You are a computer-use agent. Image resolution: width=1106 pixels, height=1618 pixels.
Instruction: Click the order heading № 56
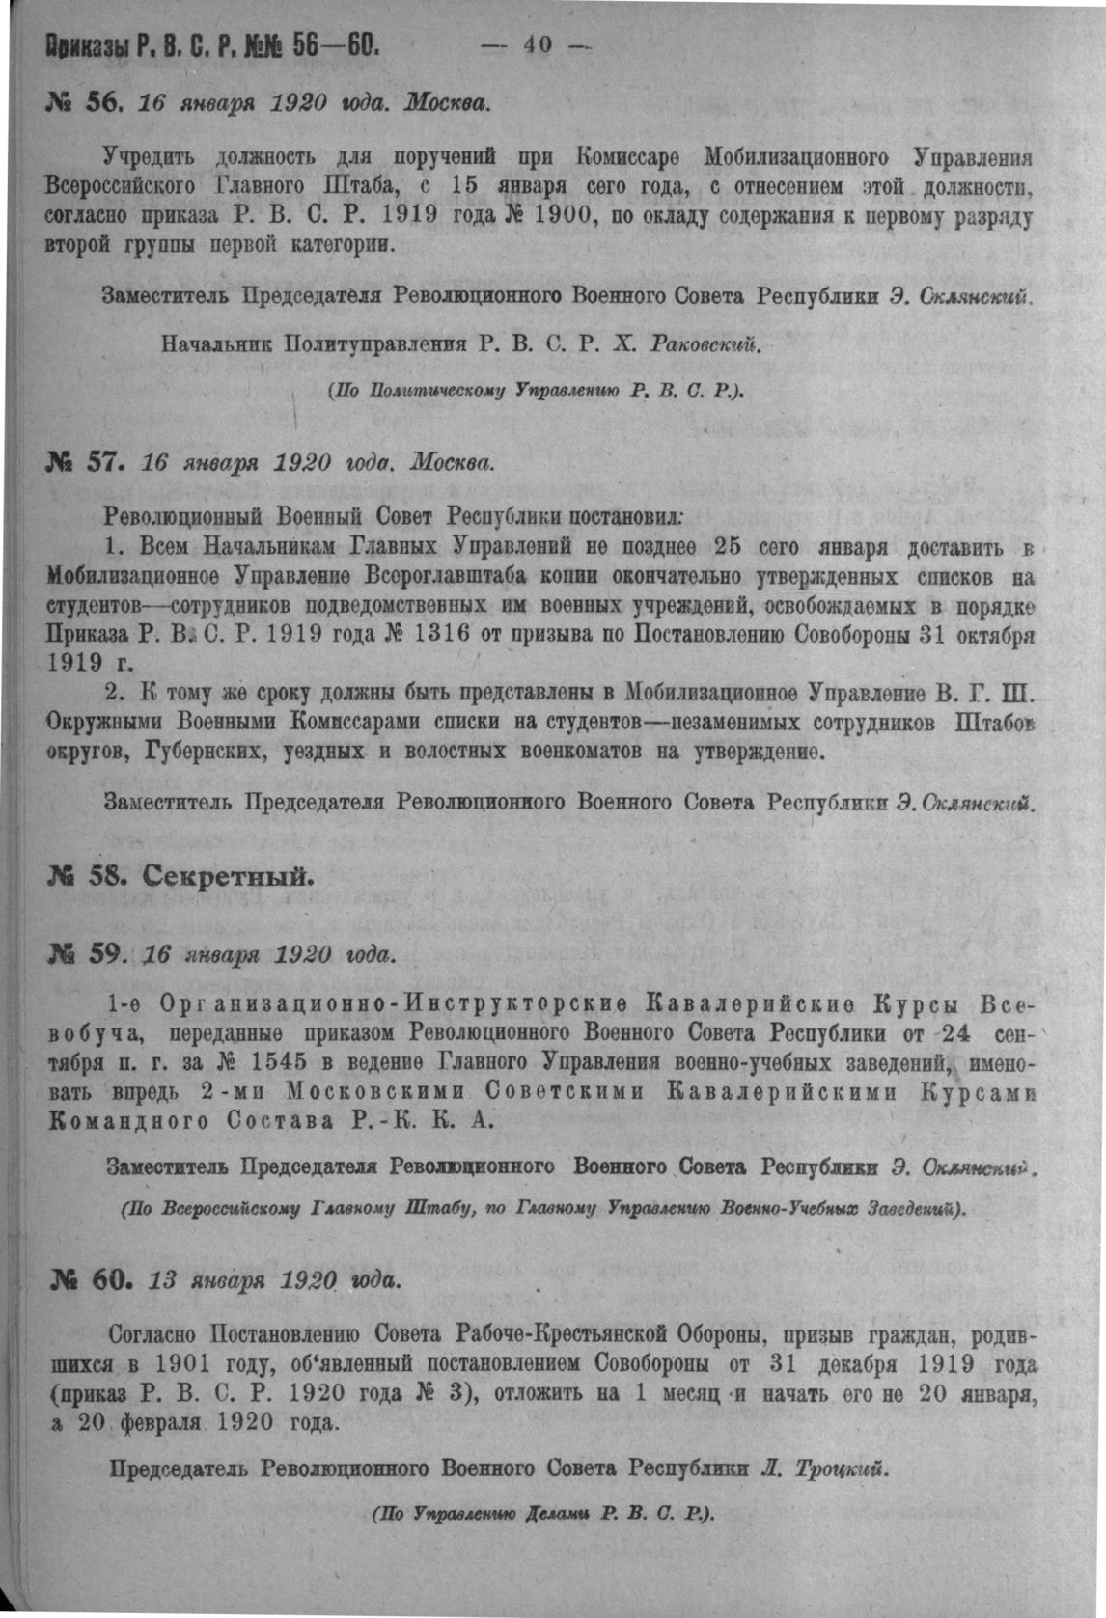(x=83, y=101)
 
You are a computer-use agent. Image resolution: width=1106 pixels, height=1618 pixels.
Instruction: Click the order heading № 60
(x=90, y=1279)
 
